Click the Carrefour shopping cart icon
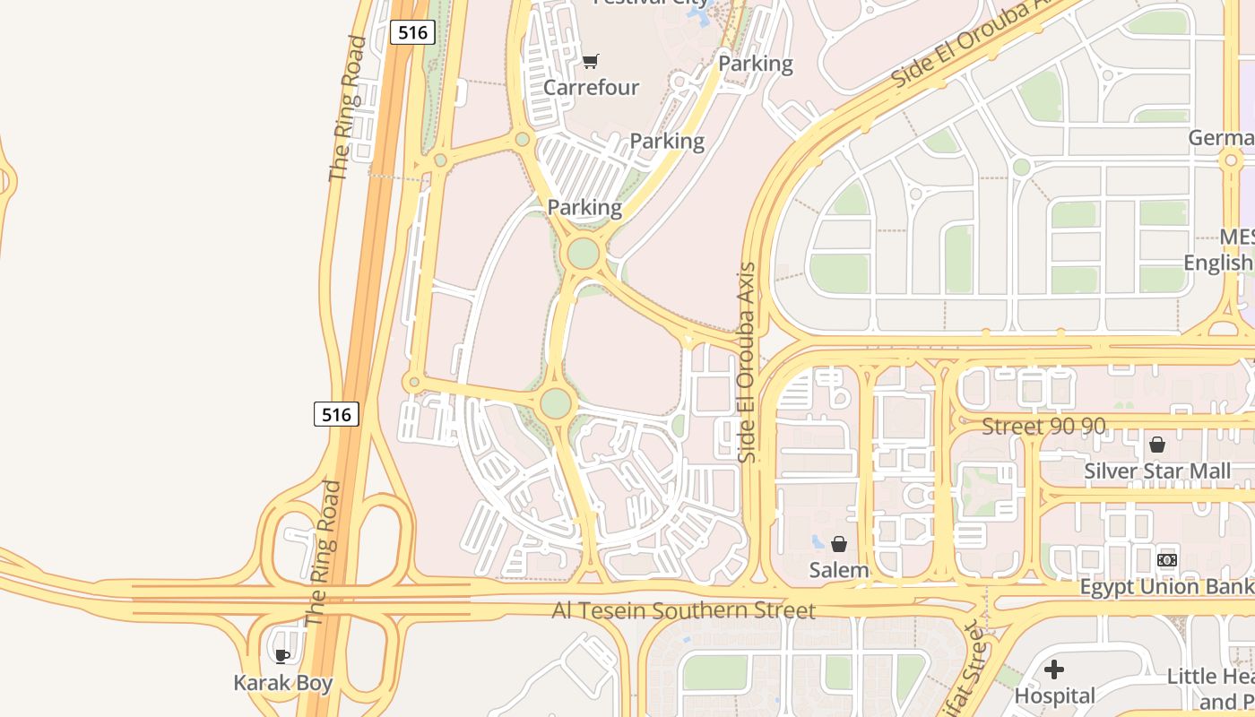coord(590,62)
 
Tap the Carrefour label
coord(591,88)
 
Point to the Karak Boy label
coord(283,683)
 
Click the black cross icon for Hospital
coord(1054,669)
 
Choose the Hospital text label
coord(1055,695)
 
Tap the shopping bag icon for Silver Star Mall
coord(1157,445)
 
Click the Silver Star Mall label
coord(1157,471)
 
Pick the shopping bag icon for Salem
coord(839,544)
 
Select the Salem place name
coord(839,570)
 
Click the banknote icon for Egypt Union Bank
coord(1166,560)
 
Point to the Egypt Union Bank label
coord(1166,587)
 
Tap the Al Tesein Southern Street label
coord(683,611)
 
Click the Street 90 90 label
coord(1043,427)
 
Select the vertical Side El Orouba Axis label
coord(747,362)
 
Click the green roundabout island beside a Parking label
coord(584,254)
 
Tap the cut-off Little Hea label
coord(1210,677)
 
